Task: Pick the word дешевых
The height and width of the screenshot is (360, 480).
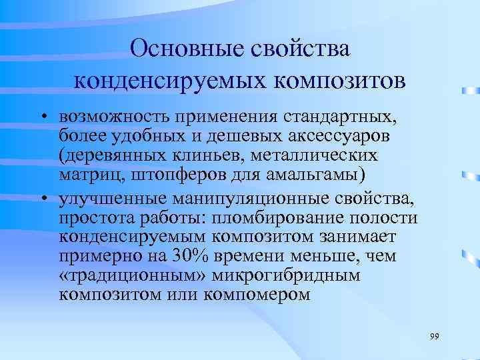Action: click(x=201, y=137)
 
